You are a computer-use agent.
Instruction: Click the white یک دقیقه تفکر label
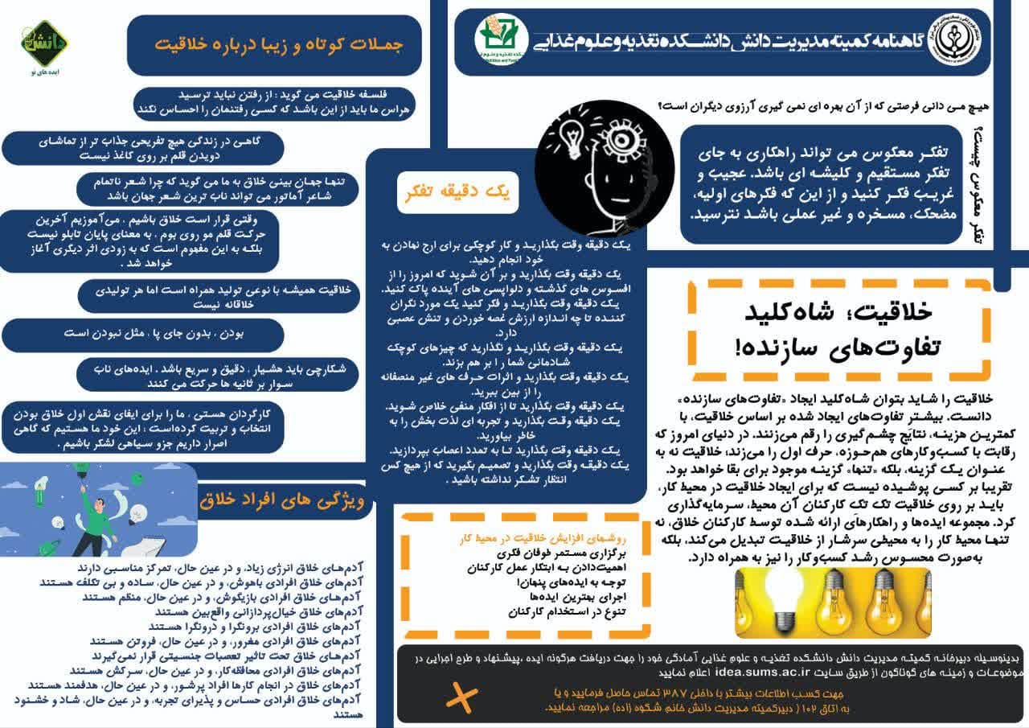(x=458, y=192)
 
